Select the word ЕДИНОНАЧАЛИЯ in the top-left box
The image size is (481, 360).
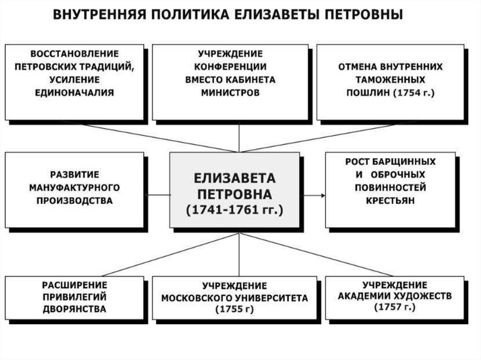[74, 92]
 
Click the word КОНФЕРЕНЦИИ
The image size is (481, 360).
[230, 67]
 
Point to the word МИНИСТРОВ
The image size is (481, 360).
[230, 92]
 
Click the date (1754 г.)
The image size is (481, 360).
[414, 92]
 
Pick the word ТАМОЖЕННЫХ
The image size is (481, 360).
[390, 80]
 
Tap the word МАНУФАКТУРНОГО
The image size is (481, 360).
[74, 187]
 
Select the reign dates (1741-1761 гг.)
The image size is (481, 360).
[234, 210]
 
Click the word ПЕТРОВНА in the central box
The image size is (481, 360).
[234, 194]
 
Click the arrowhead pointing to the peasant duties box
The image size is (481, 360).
[323, 195]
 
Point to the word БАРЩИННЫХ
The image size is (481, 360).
[403, 161]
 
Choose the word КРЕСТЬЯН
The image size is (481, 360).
[390, 200]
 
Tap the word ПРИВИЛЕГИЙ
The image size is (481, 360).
[74, 297]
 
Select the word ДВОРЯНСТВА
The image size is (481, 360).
[74, 309]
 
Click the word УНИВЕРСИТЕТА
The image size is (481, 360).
[272, 298]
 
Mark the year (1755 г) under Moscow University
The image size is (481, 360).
[235, 309]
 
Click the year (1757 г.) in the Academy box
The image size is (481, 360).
[395, 307]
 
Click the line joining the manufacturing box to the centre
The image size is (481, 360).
[157, 195]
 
